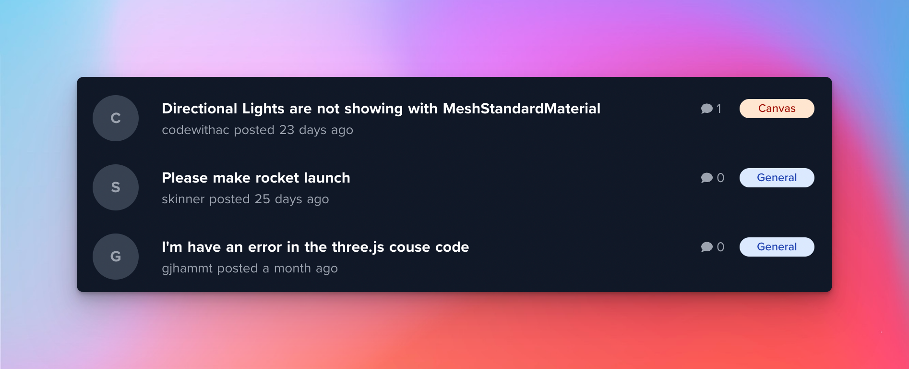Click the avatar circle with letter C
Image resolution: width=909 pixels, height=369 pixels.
tap(116, 118)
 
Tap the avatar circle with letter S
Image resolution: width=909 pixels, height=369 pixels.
tap(116, 187)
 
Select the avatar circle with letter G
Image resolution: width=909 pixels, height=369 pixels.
tap(116, 257)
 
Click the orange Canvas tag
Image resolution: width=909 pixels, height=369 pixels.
tap(777, 109)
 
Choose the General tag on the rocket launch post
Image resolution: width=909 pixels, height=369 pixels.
tap(777, 178)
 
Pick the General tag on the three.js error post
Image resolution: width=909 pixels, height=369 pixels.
tap(777, 247)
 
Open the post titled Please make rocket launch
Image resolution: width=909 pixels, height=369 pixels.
tap(256, 178)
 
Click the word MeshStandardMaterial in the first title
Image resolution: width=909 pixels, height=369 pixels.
tap(522, 109)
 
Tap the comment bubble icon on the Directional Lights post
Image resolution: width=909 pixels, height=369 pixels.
tap(706, 109)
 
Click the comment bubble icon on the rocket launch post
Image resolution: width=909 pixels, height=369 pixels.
tap(706, 178)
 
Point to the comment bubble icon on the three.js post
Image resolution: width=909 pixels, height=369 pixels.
tap(706, 247)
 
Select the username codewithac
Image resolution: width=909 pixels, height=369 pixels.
tap(195, 130)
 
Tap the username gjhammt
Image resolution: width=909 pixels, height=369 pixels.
tap(187, 269)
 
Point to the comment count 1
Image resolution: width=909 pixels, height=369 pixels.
tap(719, 109)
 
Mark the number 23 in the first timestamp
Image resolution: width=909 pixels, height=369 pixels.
tap(287, 130)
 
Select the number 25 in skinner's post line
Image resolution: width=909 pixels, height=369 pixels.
tap(262, 199)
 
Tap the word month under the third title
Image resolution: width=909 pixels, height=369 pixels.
tap(292, 268)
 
